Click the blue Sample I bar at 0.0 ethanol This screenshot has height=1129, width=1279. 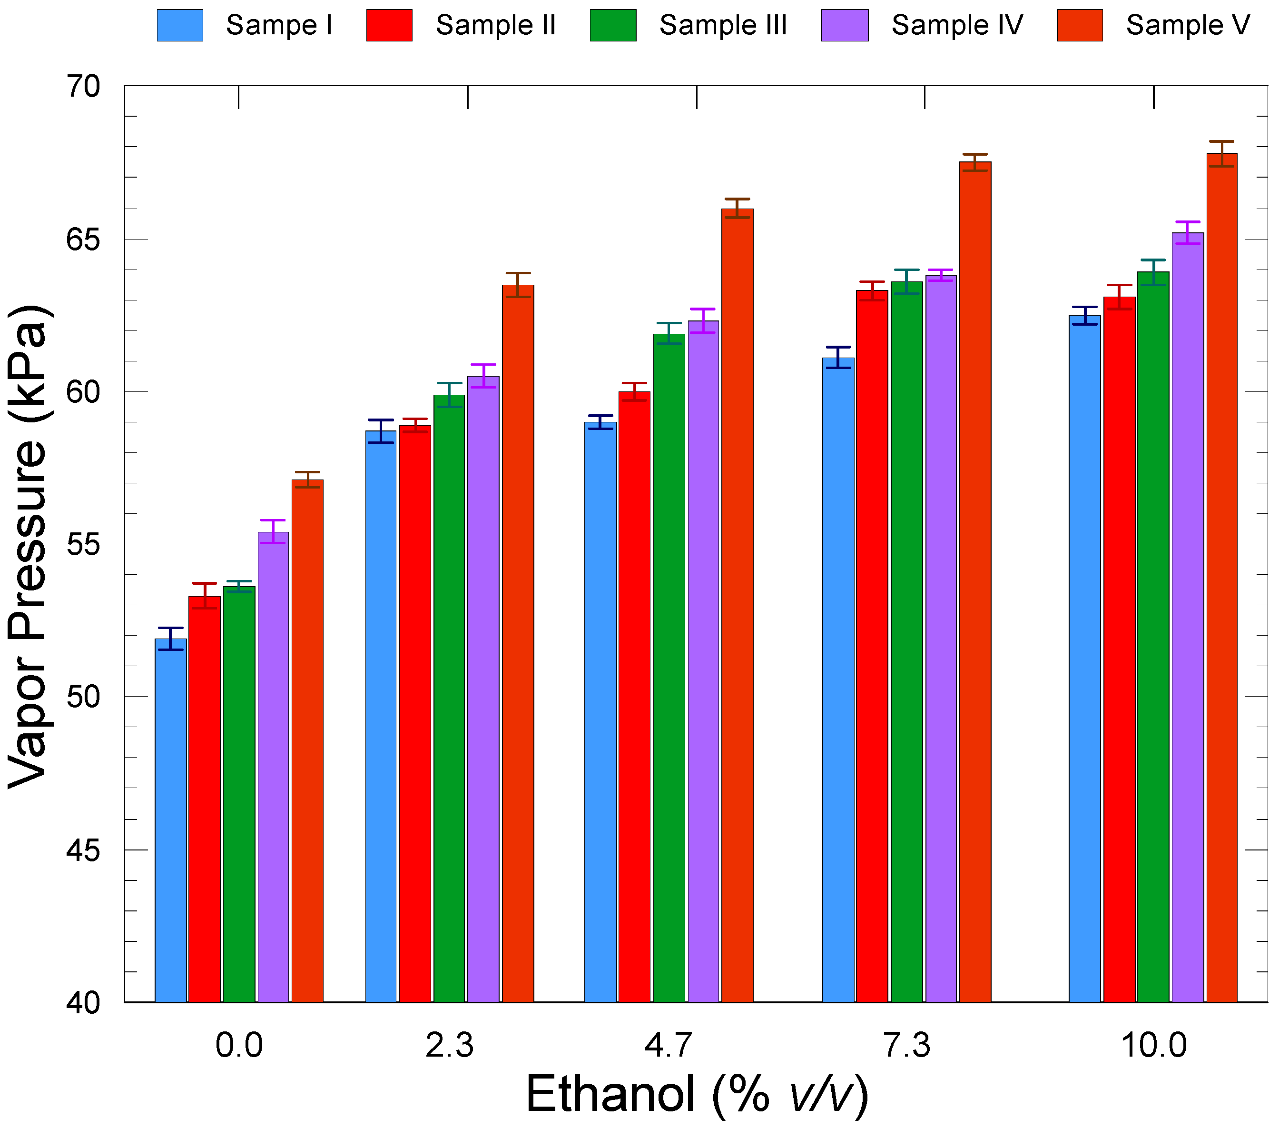(170, 820)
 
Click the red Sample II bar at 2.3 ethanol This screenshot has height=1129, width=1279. (415, 714)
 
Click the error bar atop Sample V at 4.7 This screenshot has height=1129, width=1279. (737, 208)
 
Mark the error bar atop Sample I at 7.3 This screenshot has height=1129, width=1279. (838, 357)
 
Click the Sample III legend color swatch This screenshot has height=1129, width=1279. (612, 25)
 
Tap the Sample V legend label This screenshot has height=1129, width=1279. (1187, 25)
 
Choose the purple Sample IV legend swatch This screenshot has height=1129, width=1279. (844, 25)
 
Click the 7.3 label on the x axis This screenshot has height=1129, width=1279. (906, 1045)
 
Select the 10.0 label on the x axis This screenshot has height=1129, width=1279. (1153, 1045)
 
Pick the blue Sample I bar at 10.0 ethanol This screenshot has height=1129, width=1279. (1084, 658)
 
